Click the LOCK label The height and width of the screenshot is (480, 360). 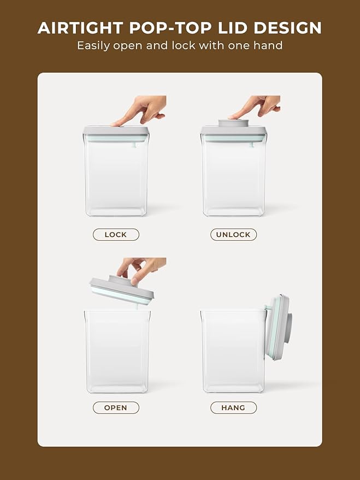click(116, 234)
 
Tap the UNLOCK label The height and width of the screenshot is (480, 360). click(233, 234)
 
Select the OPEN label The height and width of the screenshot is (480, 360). click(116, 408)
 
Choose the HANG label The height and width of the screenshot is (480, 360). click(233, 408)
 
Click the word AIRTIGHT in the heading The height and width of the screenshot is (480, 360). click(80, 28)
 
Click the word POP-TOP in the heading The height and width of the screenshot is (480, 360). click(170, 28)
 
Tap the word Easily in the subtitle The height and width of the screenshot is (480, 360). click(93, 46)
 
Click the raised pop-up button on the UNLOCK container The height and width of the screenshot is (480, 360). click(233, 123)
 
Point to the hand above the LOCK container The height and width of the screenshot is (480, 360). click(140, 110)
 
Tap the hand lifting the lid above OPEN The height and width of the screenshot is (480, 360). click(141, 269)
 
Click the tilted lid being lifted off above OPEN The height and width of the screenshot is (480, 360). click(122, 289)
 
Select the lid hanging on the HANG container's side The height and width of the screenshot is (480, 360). click(278, 327)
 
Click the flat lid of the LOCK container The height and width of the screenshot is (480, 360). click(116, 134)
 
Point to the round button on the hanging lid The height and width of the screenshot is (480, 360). click(288, 327)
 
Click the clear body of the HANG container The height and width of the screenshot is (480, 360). click(233, 352)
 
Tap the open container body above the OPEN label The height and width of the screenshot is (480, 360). click(117, 352)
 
